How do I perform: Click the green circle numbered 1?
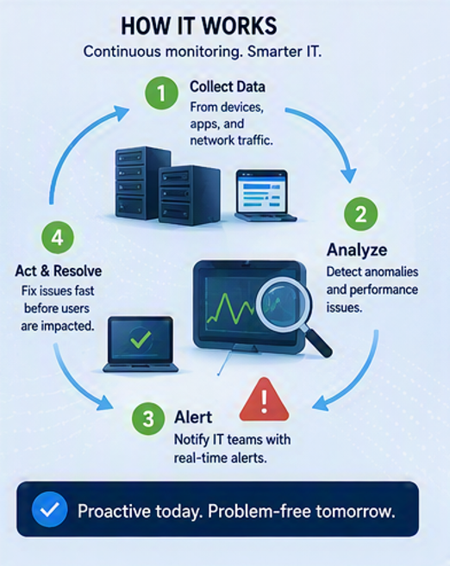coord(161,93)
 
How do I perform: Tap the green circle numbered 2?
coord(361,214)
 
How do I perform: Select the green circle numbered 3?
coord(148,419)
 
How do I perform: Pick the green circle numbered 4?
coord(58,238)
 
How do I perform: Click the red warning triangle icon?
coord(265,400)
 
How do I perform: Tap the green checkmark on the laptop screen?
coord(141,339)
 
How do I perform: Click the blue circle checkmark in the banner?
coord(49,509)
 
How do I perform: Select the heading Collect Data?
coord(228,87)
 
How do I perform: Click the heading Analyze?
coord(357,250)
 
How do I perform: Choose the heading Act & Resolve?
coord(59,271)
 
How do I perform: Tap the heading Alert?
coord(193,417)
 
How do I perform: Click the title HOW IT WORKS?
coord(199,26)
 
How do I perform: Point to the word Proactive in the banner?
coord(114,511)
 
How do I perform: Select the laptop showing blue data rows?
coord(266,196)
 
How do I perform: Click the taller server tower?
coord(142,183)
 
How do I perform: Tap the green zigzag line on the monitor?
coord(230,308)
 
